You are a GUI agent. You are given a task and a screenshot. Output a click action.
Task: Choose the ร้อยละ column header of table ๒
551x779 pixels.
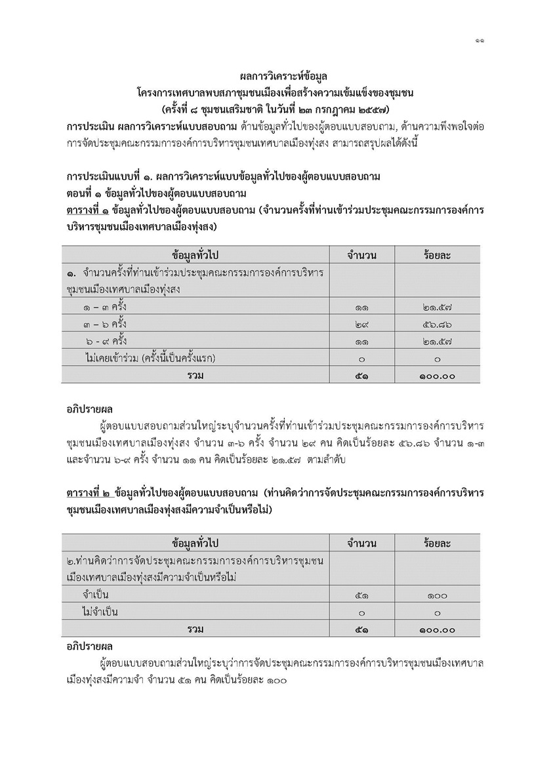[436, 544]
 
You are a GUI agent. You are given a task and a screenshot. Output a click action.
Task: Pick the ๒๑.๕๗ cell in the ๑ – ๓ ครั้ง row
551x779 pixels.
[436, 308]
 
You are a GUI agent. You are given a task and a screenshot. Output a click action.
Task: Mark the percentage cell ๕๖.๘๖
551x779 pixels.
[436, 325]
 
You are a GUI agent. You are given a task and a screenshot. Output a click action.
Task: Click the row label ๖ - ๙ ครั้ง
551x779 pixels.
[106, 342]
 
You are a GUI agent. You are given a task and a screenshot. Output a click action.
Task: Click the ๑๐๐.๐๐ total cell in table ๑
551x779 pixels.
[436, 376]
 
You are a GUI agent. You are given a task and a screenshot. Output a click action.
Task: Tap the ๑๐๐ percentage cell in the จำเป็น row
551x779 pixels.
[436, 595]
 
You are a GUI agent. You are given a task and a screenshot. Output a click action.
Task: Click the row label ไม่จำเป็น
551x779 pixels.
[100, 612]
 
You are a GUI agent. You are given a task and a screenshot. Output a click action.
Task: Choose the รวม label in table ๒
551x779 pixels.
[195, 629]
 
